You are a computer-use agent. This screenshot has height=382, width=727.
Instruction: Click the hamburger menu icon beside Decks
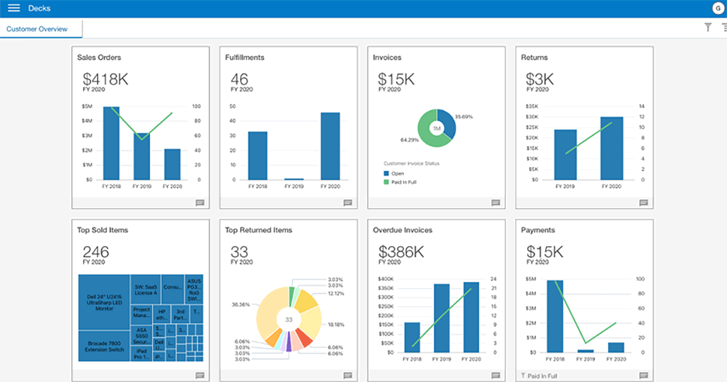tap(13, 9)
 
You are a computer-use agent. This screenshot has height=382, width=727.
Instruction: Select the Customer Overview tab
tap(37, 29)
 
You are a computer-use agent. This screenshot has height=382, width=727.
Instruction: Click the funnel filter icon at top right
tap(708, 27)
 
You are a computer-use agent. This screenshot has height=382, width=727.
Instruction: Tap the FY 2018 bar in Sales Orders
tap(111, 144)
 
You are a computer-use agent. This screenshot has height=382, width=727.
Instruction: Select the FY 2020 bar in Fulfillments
tap(330, 146)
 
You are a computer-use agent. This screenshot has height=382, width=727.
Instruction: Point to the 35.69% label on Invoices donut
tap(464, 116)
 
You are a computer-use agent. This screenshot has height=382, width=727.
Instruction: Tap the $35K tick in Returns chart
tap(531, 106)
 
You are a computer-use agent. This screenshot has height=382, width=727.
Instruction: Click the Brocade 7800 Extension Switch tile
tap(104, 346)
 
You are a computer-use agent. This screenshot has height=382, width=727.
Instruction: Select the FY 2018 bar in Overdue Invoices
tap(412, 338)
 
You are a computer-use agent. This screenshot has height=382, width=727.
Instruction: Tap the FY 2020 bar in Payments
tap(616, 347)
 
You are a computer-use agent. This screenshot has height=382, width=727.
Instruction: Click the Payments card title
tap(538, 230)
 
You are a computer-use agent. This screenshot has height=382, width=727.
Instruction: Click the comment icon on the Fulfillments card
tap(347, 203)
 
